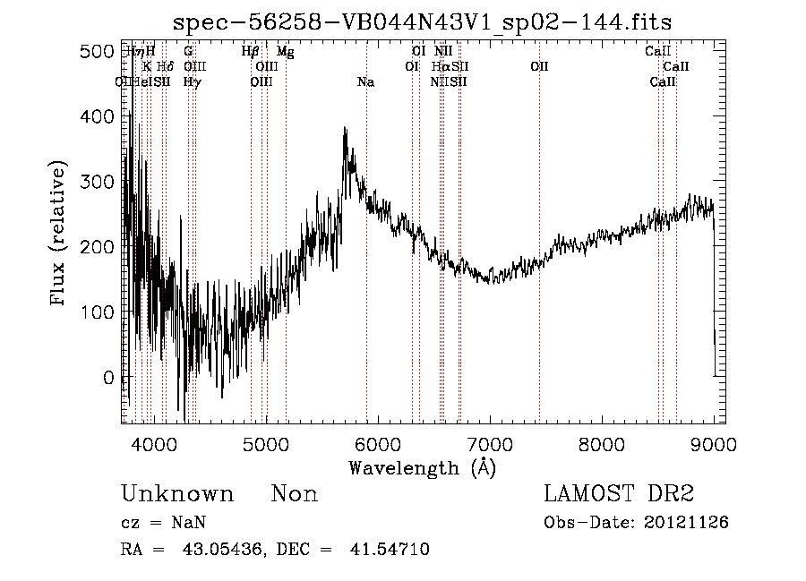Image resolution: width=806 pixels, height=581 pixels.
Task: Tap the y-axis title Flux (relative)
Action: [x=60, y=235]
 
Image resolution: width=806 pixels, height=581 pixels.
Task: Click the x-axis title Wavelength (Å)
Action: [x=422, y=467]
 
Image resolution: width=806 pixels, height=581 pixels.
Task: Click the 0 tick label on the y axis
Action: [x=108, y=377]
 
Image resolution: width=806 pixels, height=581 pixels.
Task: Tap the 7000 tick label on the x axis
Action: [x=490, y=444]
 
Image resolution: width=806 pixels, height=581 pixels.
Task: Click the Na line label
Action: [x=365, y=82]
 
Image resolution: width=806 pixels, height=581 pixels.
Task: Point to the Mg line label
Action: [x=285, y=52]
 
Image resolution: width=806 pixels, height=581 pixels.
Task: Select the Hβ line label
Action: [x=251, y=52]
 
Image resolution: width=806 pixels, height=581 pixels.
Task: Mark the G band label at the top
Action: [x=188, y=52]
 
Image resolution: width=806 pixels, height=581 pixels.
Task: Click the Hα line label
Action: [x=440, y=67]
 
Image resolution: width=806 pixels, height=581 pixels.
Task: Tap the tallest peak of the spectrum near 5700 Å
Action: [x=345, y=129]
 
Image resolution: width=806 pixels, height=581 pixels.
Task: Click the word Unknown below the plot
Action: [x=177, y=495]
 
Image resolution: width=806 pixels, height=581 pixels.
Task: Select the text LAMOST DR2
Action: [x=619, y=494]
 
